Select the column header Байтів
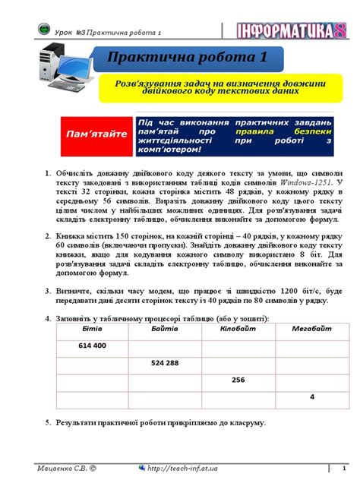pyautogui.click(x=164, y=328)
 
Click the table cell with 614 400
pyautogui.click(x=93, y=346)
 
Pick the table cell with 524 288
pyautogui.click(x=165, y=363)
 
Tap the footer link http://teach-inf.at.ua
pyautogui.click(x=185, y=466)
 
